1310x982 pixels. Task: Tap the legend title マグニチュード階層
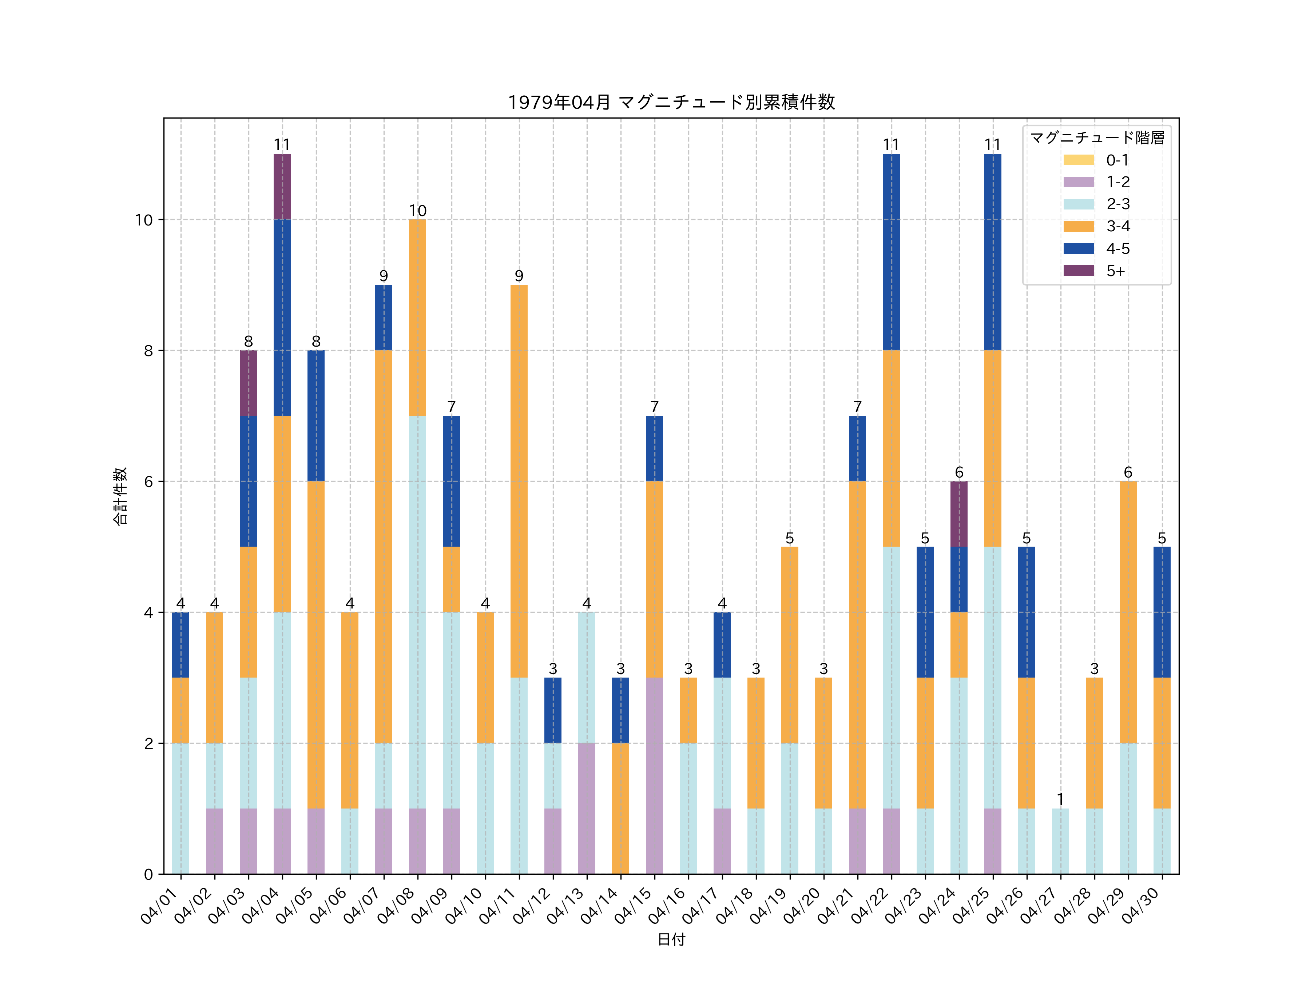tap(1097, 138)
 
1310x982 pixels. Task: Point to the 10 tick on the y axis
tap(143, 220)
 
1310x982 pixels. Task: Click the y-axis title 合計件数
tap(120, 496)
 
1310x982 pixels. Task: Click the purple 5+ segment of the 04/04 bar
tap(282, 187)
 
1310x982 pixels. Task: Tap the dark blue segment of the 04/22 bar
tap(891, 252)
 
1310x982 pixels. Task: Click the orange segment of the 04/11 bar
tap(519, 481)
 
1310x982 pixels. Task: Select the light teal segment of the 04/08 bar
tap(417, 612)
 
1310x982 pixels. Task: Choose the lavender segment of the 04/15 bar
tap(654, 775)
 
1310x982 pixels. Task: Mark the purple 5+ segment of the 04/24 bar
tap(959, 514)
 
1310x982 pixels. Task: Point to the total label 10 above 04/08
tap(417, 211)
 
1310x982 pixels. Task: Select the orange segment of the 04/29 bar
tap(1128, 612)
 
